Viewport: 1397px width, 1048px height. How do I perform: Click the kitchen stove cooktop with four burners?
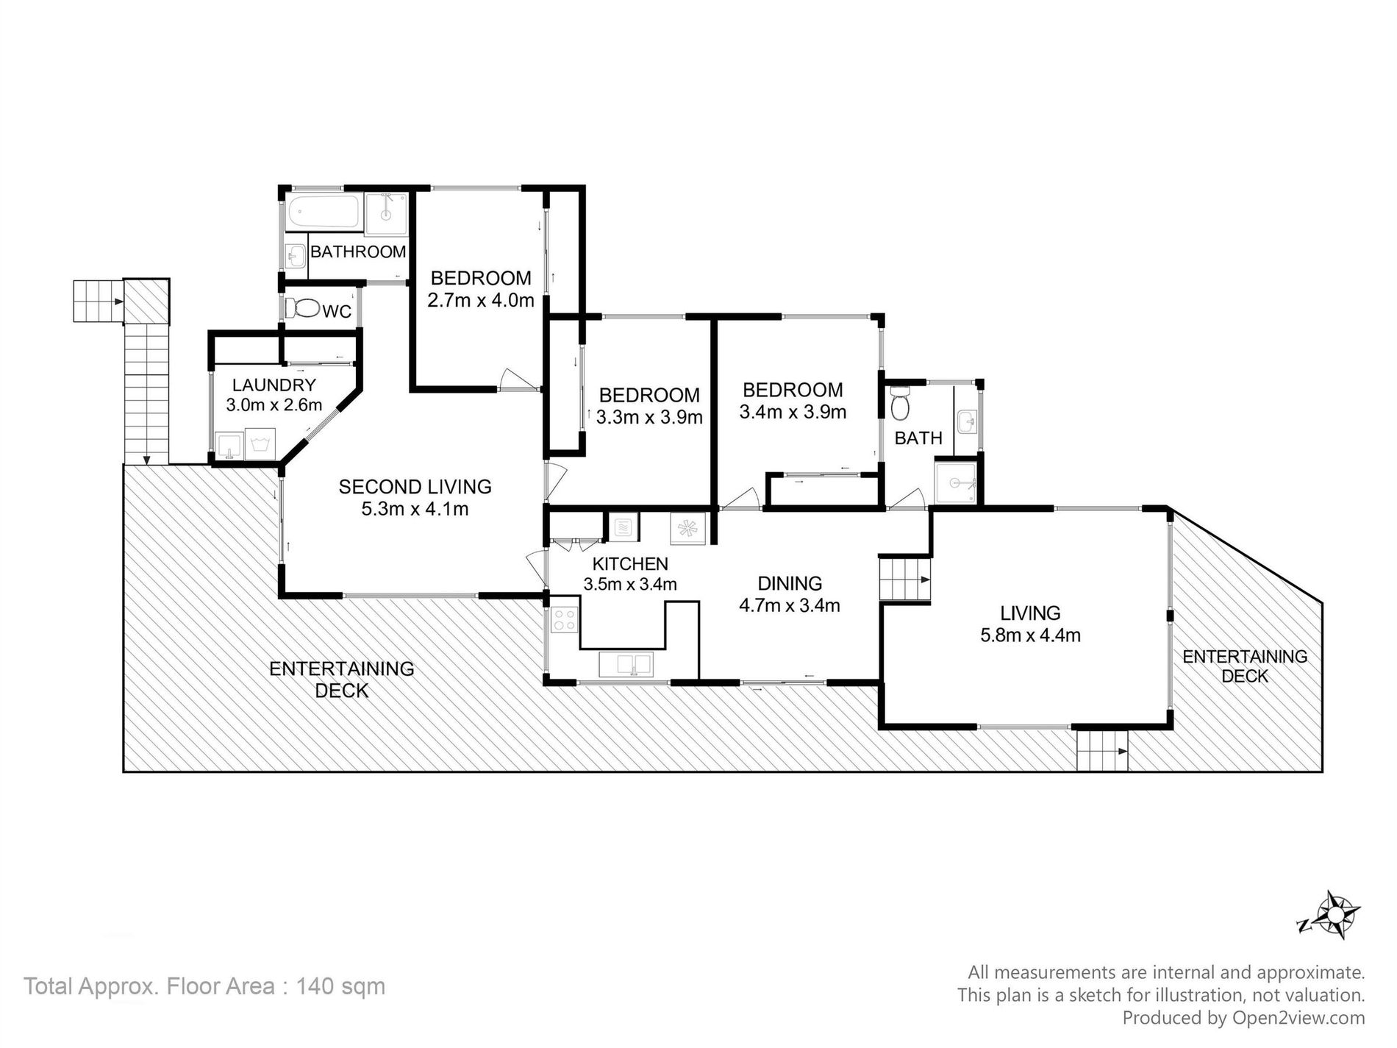564,619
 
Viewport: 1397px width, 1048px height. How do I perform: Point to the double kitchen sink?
626,664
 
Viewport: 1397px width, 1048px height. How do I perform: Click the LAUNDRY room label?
274,385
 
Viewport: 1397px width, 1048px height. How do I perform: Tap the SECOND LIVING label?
415,486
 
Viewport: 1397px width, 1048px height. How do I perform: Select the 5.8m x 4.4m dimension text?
1030,635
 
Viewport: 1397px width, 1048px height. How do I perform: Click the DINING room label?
790,583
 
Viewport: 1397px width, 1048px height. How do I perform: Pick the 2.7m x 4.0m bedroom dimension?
481,300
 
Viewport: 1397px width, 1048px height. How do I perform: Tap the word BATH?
918,438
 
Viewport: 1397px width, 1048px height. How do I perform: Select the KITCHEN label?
630,564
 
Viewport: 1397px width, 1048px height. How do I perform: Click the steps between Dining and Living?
905,579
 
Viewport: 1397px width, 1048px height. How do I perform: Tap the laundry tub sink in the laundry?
229,445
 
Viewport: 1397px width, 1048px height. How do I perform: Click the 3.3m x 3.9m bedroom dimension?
649,418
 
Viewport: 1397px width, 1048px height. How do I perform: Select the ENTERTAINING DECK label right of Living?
1245,666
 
